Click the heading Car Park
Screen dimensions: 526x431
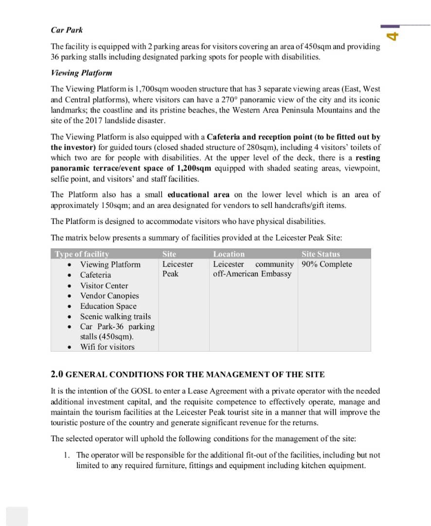pyautogui.click(x=67, y=30)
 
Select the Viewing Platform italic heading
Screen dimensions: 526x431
pyautogui.click(x=81, y=73)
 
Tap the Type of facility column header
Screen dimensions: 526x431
pyautogui.click(x=82, y=254)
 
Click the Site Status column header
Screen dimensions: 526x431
pyautogui.click(x=321, y=254)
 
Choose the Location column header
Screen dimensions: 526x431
pyautogui.click(x=229, y=254)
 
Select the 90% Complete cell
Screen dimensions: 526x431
pyautogui.click(x=326, y=264)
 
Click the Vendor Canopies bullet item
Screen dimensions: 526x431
pyautogui.click(x=109, y=296)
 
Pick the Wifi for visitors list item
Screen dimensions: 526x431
pyautogui.click(x=107, y=347)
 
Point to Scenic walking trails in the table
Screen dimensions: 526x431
pyautogui.click(x=115, y=317)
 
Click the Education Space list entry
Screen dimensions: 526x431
pyautogui.click(x=108, y=306)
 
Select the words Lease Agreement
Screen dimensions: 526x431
pyautogui.click(x=205, y=391)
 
